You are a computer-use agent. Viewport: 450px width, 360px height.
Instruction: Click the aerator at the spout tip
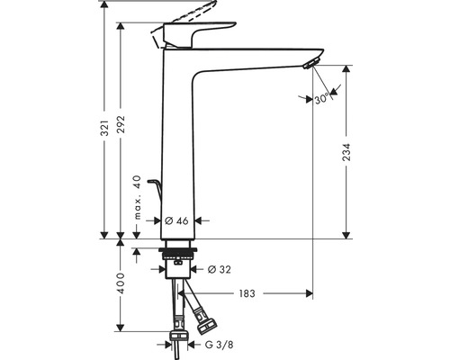point(310,64)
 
